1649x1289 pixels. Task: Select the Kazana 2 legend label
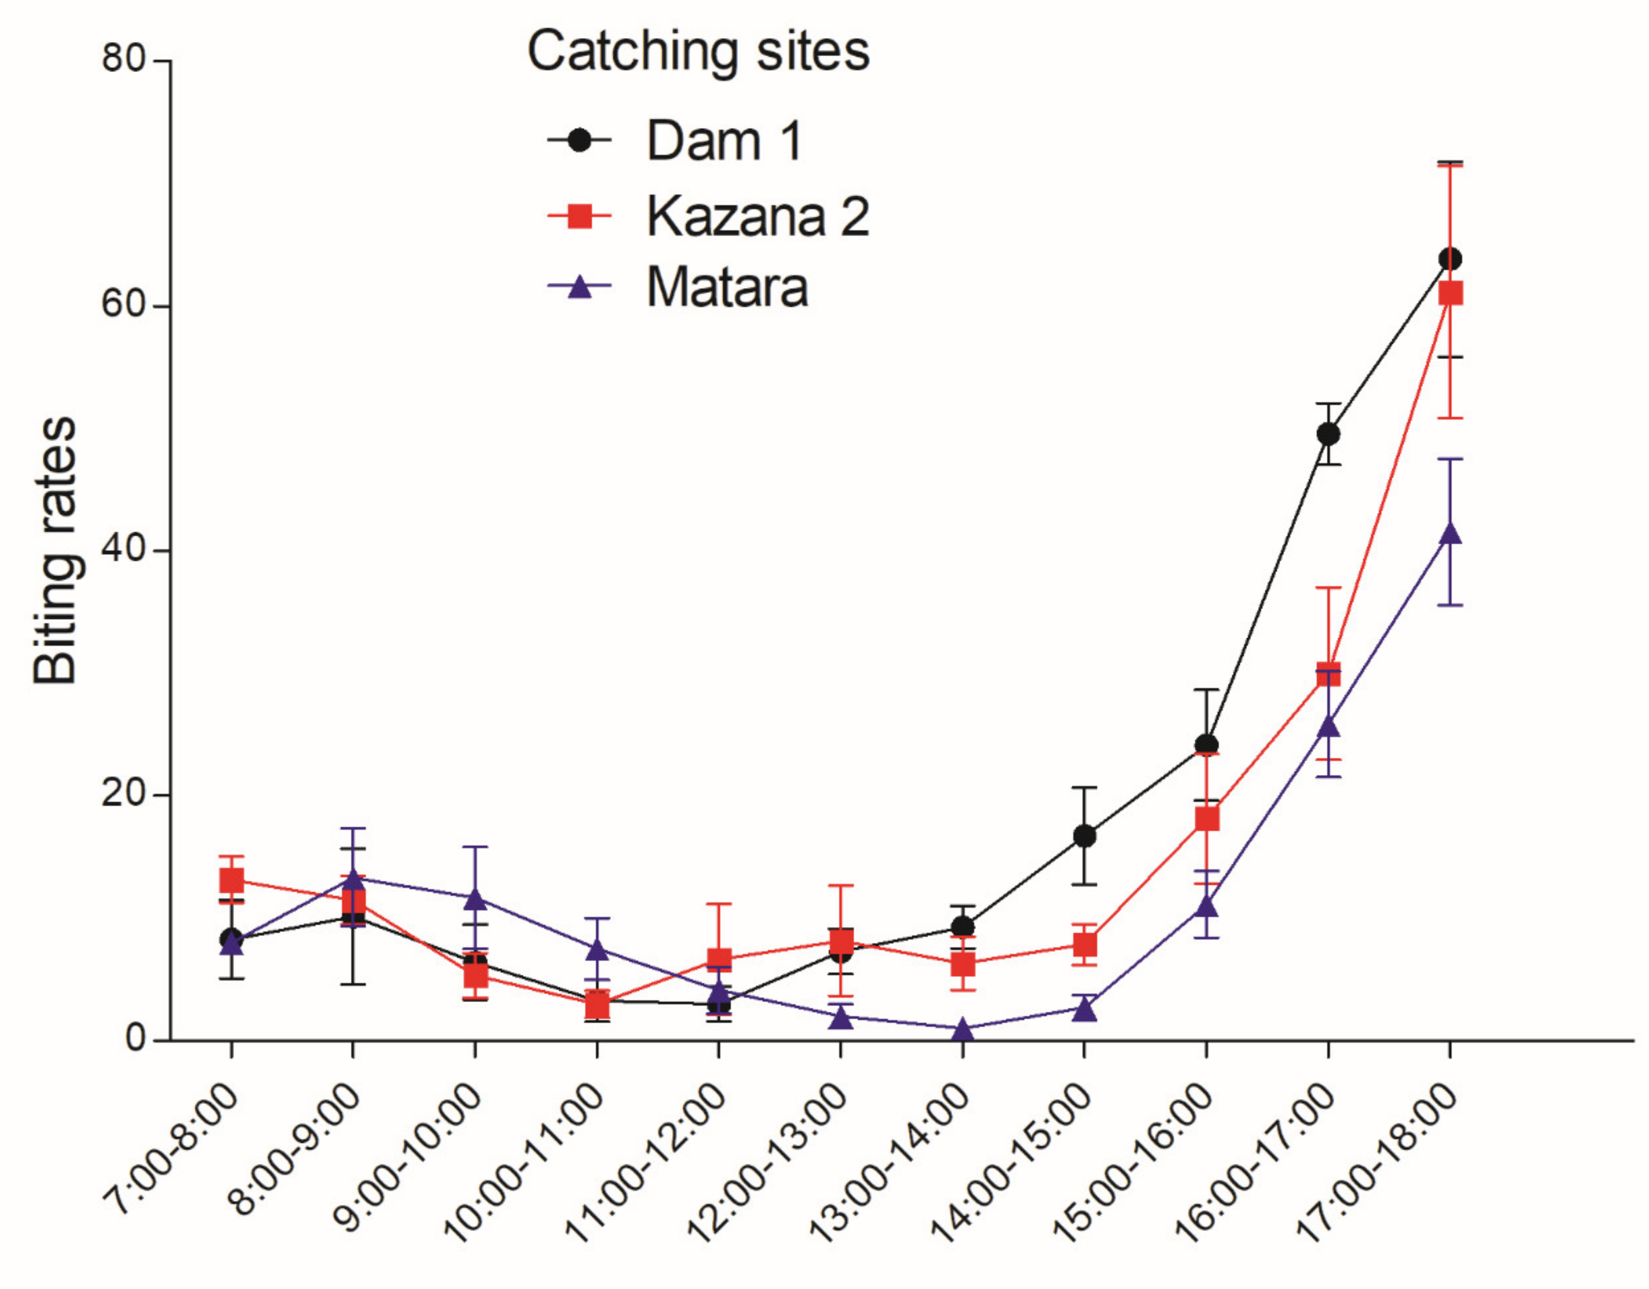tap(757, 217)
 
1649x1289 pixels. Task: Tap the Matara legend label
tap(726, 287)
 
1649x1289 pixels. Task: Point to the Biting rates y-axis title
tap(56, 551)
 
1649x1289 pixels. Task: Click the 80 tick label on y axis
tap(124, 58)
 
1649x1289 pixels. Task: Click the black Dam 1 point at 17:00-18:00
tap(1450, 259)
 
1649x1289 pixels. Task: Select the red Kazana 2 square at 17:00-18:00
tap(1450, 293)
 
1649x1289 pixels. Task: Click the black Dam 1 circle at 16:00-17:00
tap(1328, 434)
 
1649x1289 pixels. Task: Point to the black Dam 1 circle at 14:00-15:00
tap(1084, 836)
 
